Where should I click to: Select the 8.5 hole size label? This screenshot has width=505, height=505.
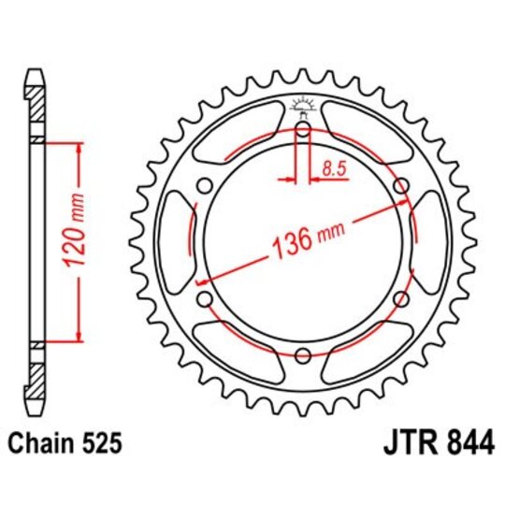click(x=331, y=169)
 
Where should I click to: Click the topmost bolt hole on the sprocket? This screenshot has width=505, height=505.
click(x=303, y=130)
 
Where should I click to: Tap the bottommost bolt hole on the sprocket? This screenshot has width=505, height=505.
click(x=303, y=354)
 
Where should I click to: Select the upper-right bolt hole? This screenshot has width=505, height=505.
click(x=401, y=186)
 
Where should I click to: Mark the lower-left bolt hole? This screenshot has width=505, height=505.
click(x=205, y=298)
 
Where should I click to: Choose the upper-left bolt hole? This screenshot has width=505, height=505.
click(x=205, y=186)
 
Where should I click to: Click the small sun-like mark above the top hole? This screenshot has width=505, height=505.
click(x=303, y=106)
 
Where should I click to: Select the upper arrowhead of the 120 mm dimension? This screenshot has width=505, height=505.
click(x=79, y=148)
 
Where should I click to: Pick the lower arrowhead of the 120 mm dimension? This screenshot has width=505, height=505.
click(x=79, y=339)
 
